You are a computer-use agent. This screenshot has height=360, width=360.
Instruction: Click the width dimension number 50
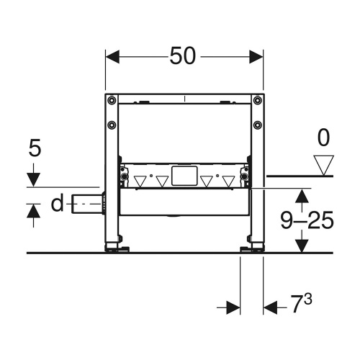(184, 56)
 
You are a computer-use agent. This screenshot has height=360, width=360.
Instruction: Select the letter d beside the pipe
(58, 204)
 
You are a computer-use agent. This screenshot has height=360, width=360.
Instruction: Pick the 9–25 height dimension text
(306, 220)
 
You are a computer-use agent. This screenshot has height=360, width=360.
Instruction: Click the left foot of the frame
(114, 248)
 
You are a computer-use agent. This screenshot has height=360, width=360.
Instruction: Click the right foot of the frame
(253, 248)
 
